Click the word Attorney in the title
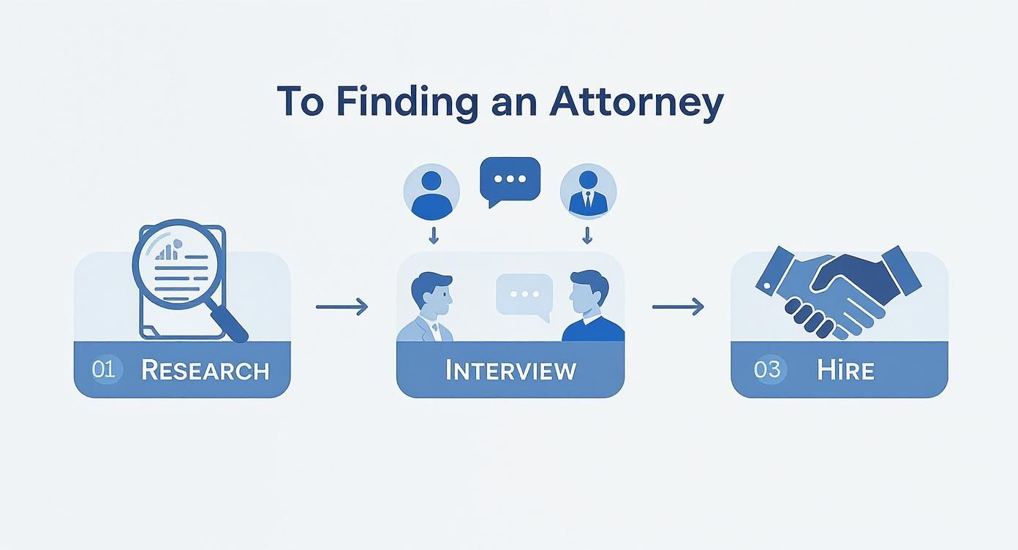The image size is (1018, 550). pyautogui.click(x=636, y=102)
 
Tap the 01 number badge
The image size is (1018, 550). pyautogui.click(x=103, y=369)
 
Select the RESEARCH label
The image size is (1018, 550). pyautogui.click(x=205, y=370)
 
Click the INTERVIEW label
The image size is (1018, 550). pyautogui.click(x=510, y=370)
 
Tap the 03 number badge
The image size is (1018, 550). pyautogui.click(x=766, y=369)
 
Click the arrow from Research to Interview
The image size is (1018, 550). pyautogui.click(x=342, y=306)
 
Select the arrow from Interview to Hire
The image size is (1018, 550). pyautogui.click(x=678, y=306)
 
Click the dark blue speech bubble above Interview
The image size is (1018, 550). pyautogui.click(x=510, y=179)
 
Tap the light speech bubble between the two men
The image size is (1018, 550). pyautogui.click(x=524, y=294)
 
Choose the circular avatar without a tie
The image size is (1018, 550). pyautogui.click(x=431, y=192)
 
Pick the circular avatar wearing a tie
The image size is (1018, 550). pyautogui.click(x=588, y=192)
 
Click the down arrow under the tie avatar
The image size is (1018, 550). pyautogui.click(x=587, y=235)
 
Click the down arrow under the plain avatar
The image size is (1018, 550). pyautogui.click(x=434, y=235)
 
